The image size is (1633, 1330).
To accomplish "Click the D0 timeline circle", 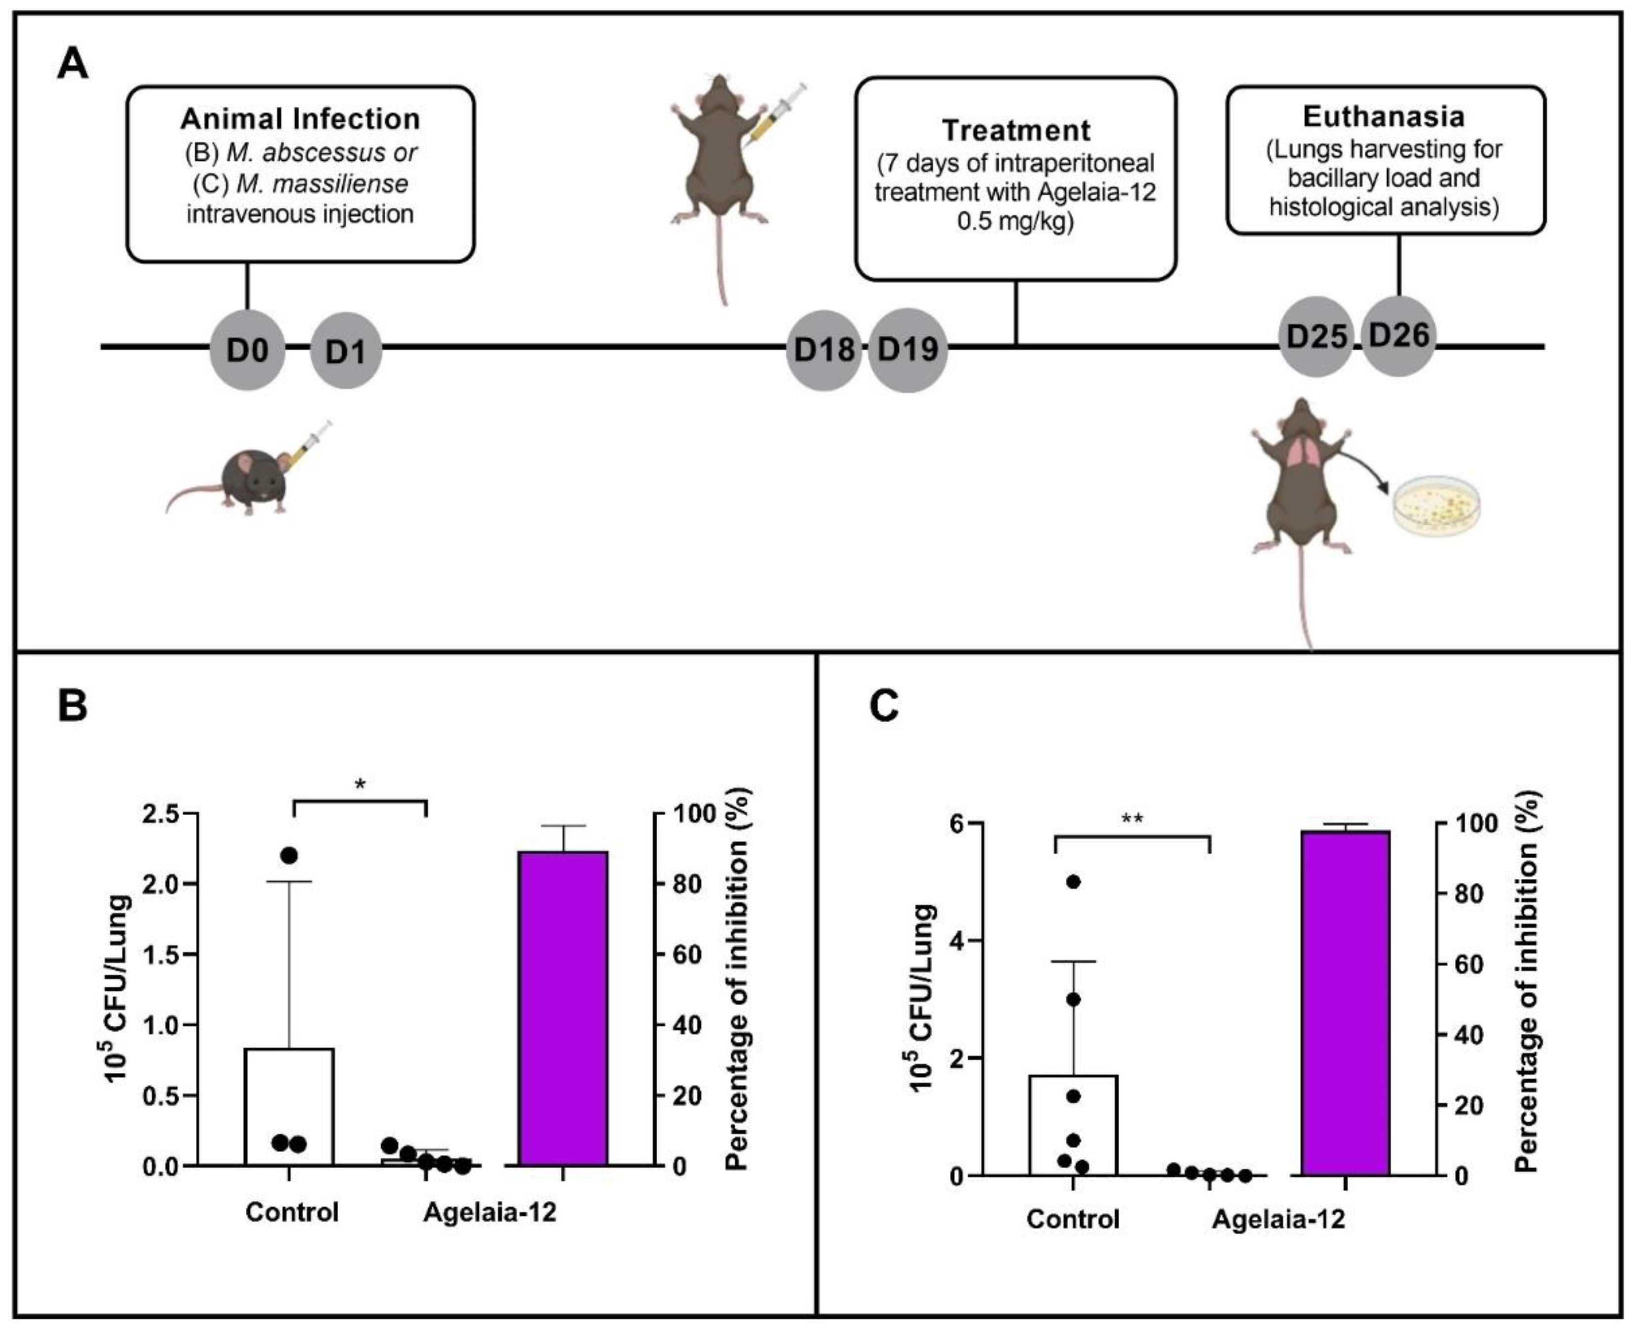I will coord(247,351).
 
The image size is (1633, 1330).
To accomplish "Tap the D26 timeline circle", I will coord(1399,335).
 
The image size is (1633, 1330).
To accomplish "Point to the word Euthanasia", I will coord(1383,116).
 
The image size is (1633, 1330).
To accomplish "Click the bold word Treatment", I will coord(1016,130).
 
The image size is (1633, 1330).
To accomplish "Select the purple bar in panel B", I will coord(563,1008).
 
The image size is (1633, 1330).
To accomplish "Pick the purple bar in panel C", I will coord(1345,1003).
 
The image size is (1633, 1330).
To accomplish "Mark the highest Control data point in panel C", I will coord(1073,882).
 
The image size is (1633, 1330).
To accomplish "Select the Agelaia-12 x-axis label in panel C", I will coord(1278,1219).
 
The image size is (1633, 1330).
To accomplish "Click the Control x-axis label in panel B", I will coord(292,1212).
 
